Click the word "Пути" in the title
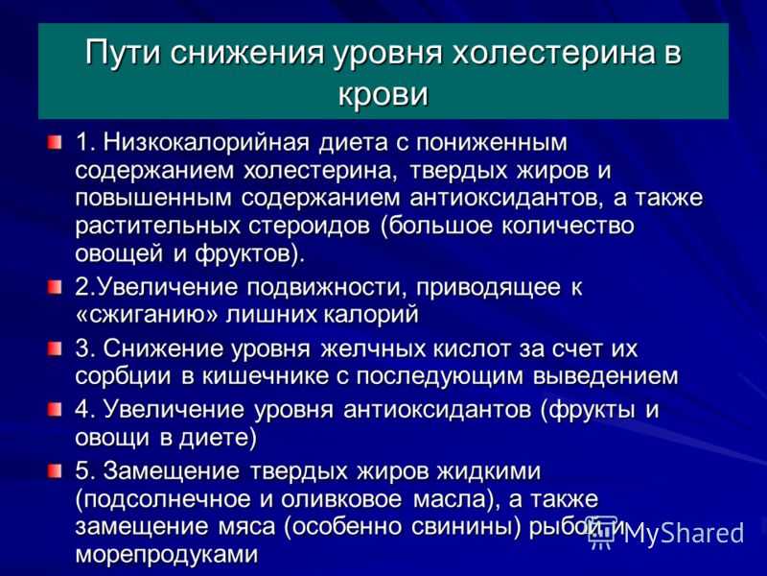coord(123,53)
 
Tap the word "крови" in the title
coord(383,93)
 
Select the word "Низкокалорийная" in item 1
coord(206,142)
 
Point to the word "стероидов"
coord(309,227)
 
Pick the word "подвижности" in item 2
coord(323,287)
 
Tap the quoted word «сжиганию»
coord(147,314)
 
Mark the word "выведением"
coord(606,376)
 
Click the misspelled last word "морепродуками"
coord(166,555)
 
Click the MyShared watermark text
coord(684,533)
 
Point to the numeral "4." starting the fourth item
coord(85,410)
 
